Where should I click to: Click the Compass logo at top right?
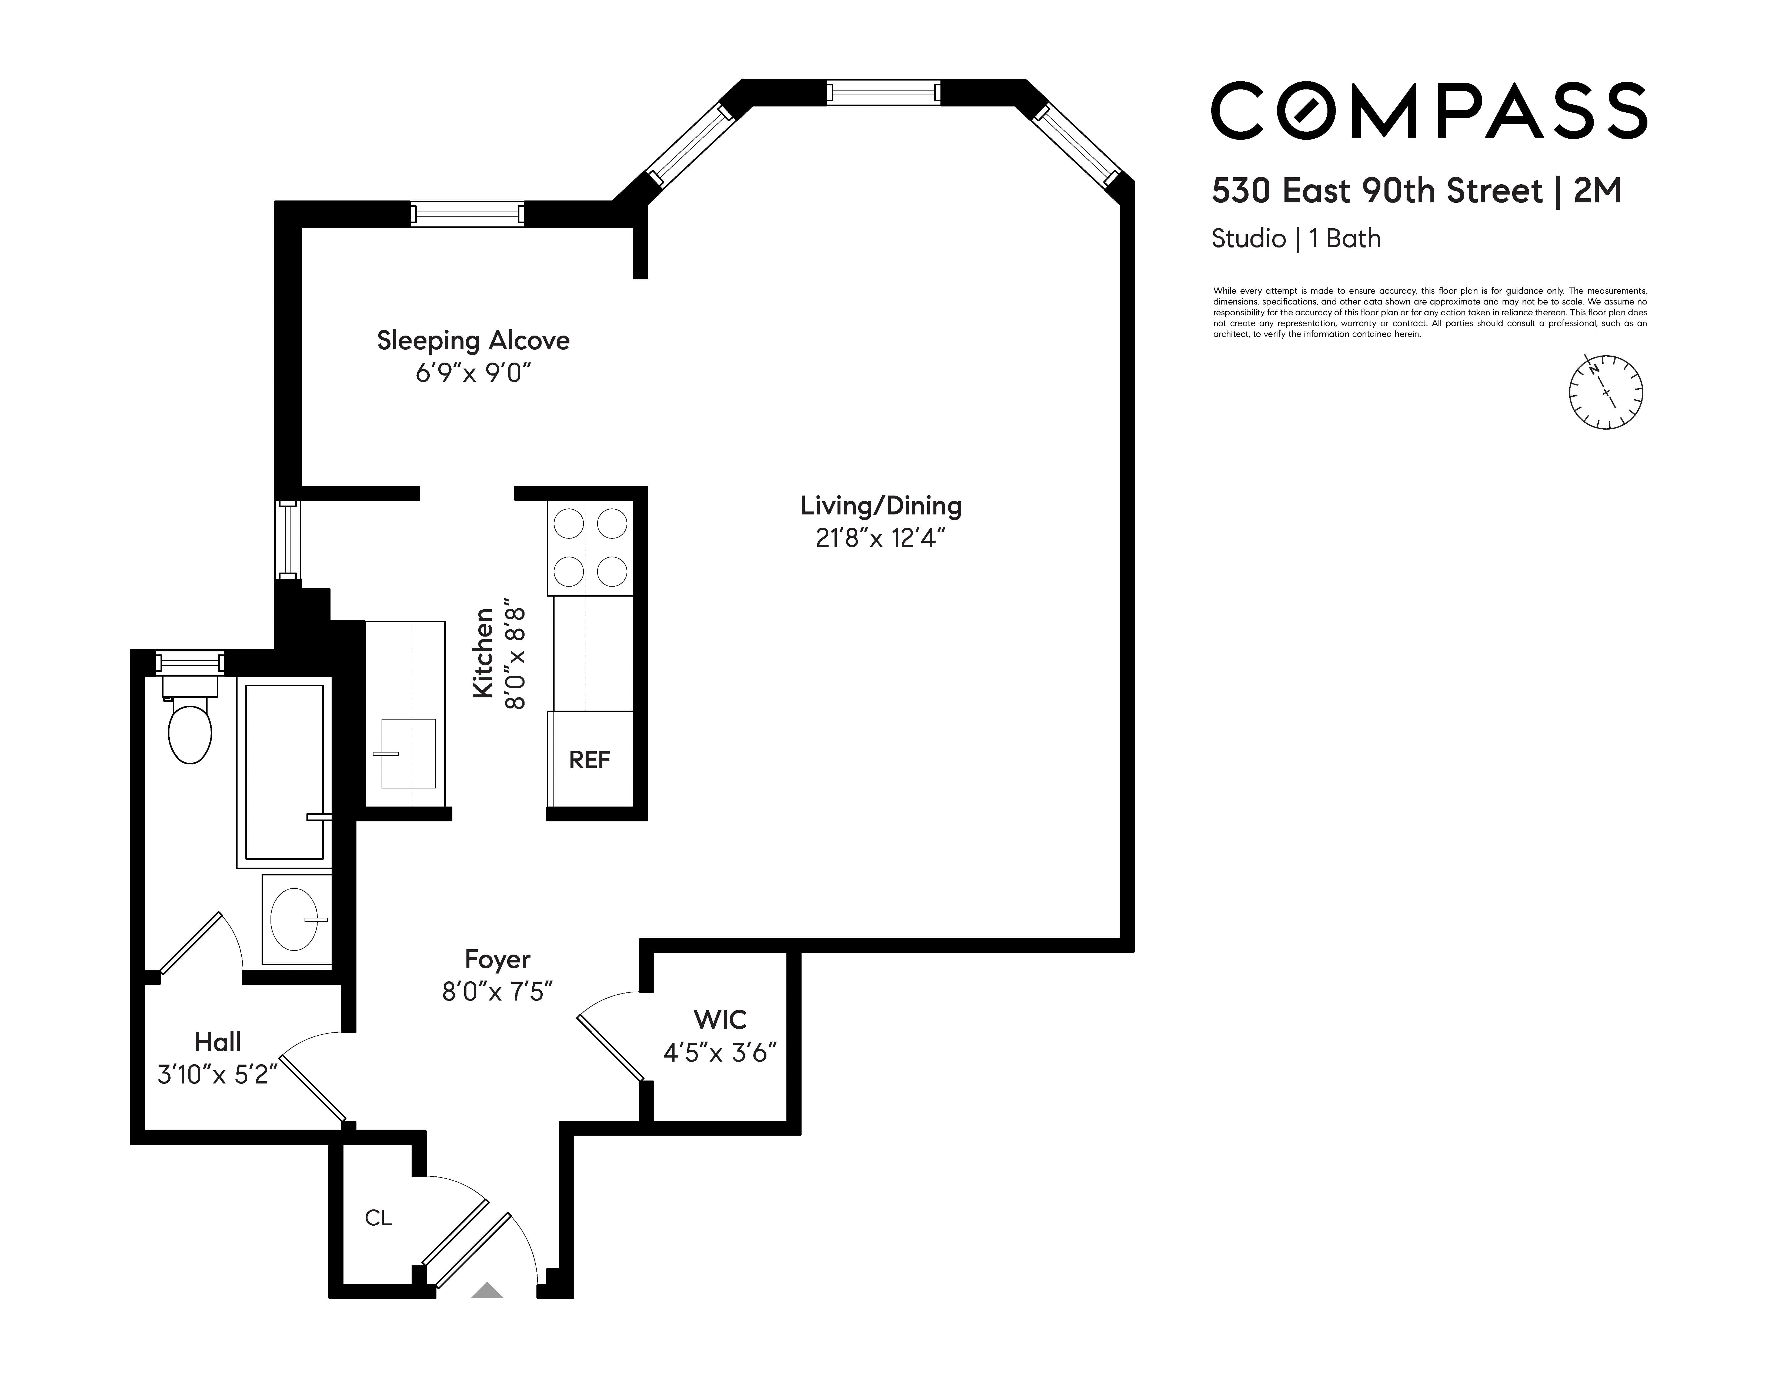coord(1428,110)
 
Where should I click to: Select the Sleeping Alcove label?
coord(473,340)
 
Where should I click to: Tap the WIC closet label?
coord(720,1019)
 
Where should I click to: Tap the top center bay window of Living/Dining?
coord(884,91)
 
